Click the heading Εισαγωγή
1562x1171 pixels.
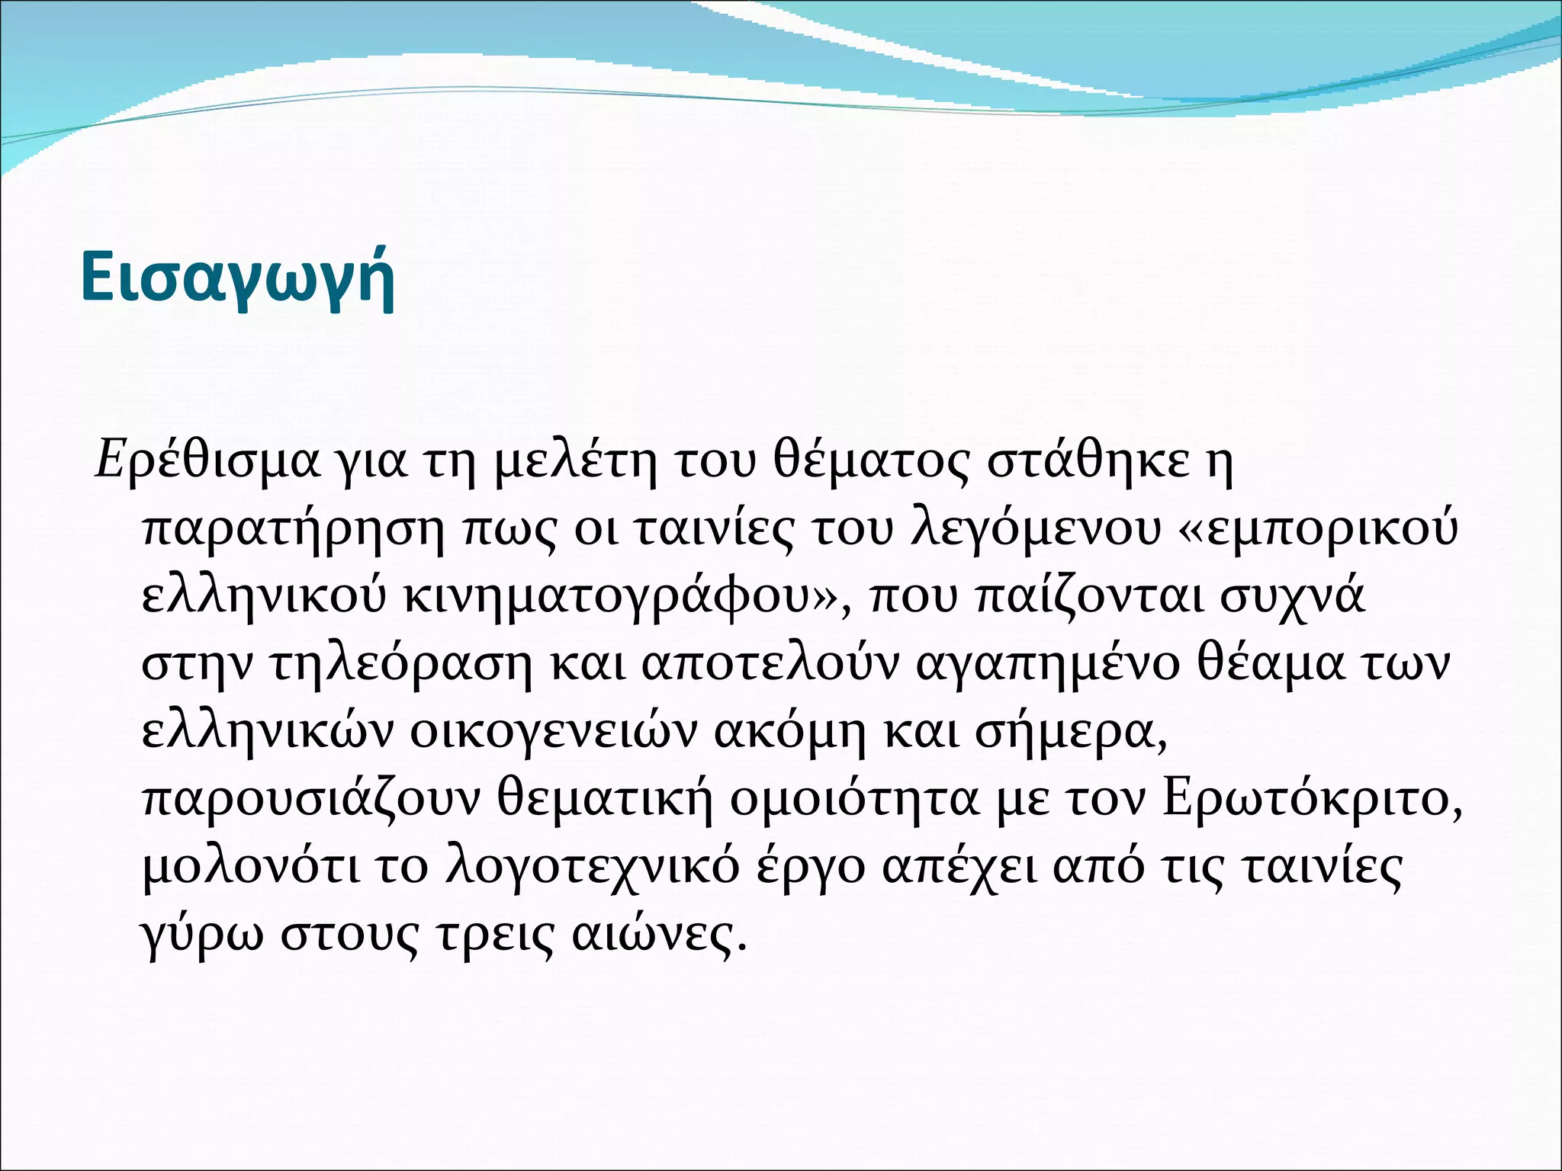click(237, 279)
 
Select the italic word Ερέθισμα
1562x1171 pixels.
click(207, 462)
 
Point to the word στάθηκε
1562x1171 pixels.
click(1088, 462)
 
